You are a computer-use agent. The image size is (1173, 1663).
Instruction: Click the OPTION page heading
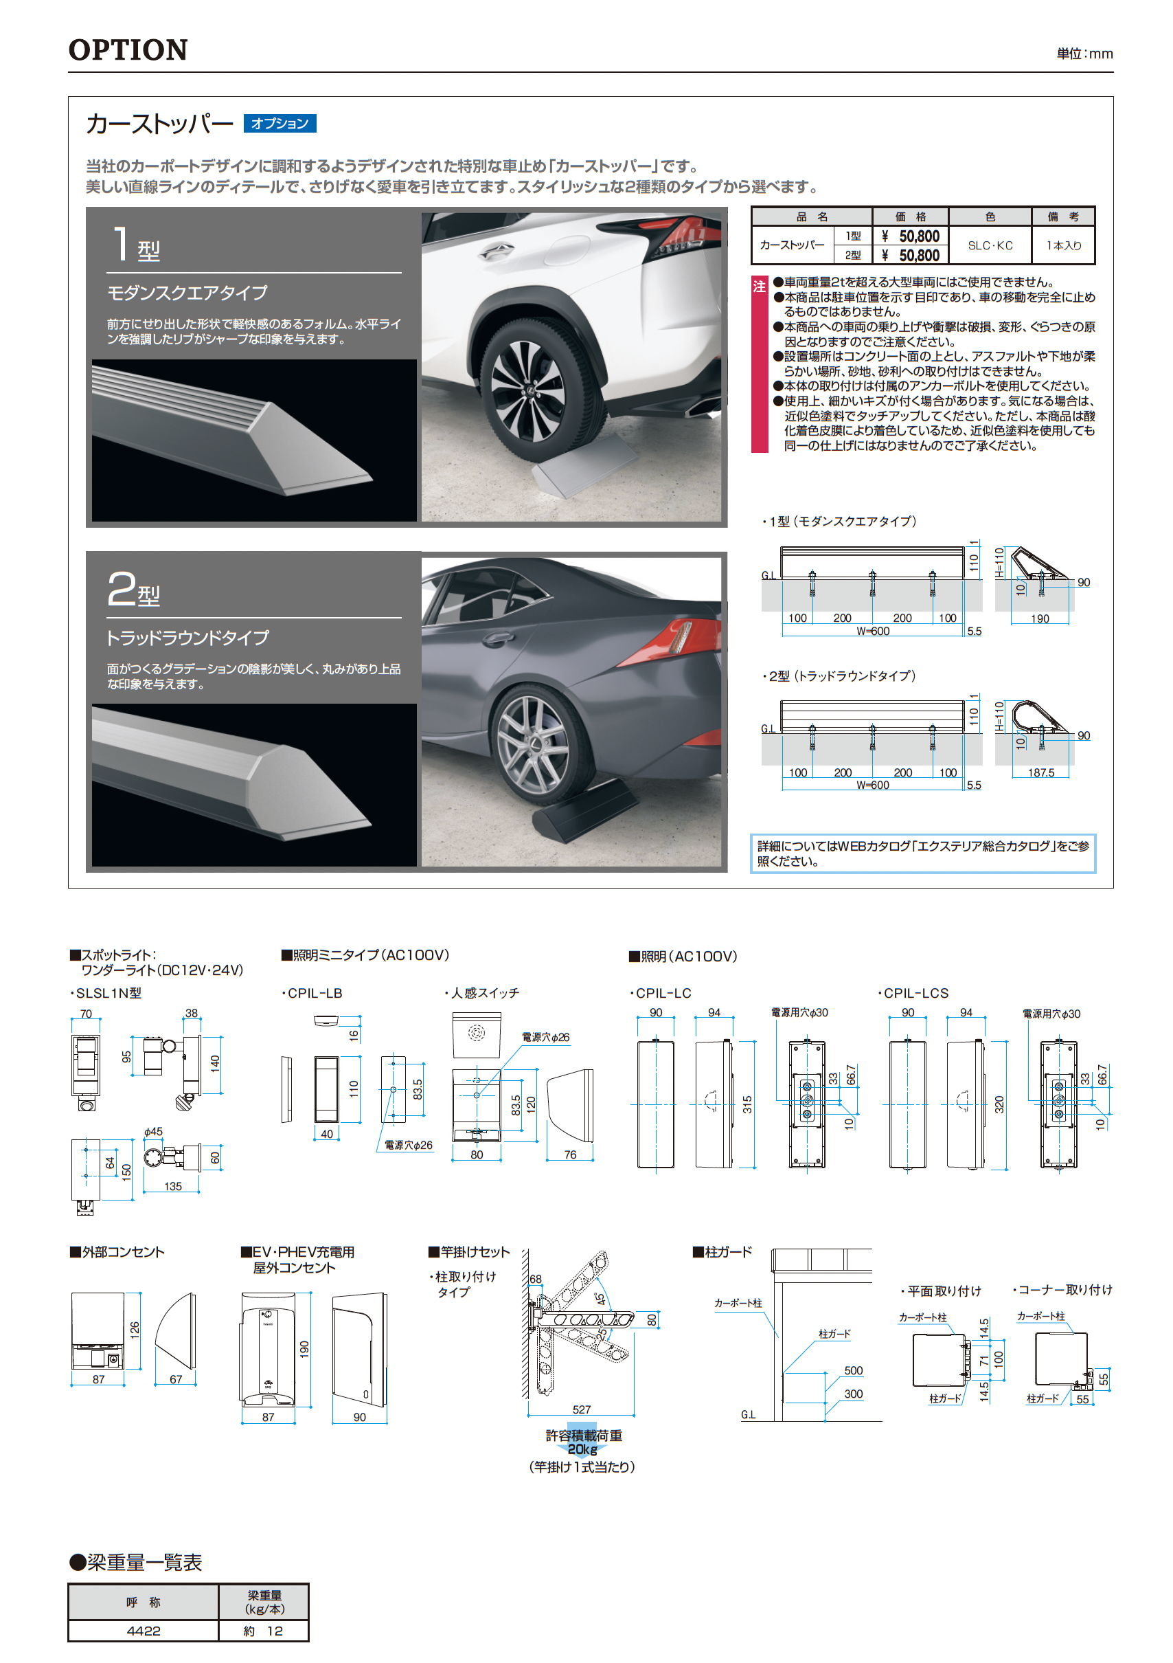click(128, 50)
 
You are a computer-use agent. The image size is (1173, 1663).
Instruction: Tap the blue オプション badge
click(280, 124)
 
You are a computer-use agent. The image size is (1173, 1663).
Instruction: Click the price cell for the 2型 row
click(911, 256)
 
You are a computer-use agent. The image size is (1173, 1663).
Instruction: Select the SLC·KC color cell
click(990, 245)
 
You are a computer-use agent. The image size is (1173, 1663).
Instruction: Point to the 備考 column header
click(1063, 216)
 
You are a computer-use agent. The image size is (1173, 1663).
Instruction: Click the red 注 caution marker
click(759, 287)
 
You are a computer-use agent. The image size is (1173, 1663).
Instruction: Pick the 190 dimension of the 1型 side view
click(1040, 618)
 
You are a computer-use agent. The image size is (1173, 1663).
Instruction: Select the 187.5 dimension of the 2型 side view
click(1040, 773)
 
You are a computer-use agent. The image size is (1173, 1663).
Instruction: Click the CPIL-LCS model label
click(916, 993)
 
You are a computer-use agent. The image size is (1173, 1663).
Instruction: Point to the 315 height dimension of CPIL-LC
click(747, 1104)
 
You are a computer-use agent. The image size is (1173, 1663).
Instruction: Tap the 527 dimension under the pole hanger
click(582, 1409)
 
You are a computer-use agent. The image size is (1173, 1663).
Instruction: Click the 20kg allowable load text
click(583, 1449)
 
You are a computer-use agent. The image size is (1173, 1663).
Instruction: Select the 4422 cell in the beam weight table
click(144, 1631)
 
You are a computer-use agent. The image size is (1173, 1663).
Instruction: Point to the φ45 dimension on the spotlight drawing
click(152, 1131)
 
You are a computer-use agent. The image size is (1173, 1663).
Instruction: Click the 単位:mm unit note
click(1084, 54)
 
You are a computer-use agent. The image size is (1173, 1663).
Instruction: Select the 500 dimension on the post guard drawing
click(853, 1370)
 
